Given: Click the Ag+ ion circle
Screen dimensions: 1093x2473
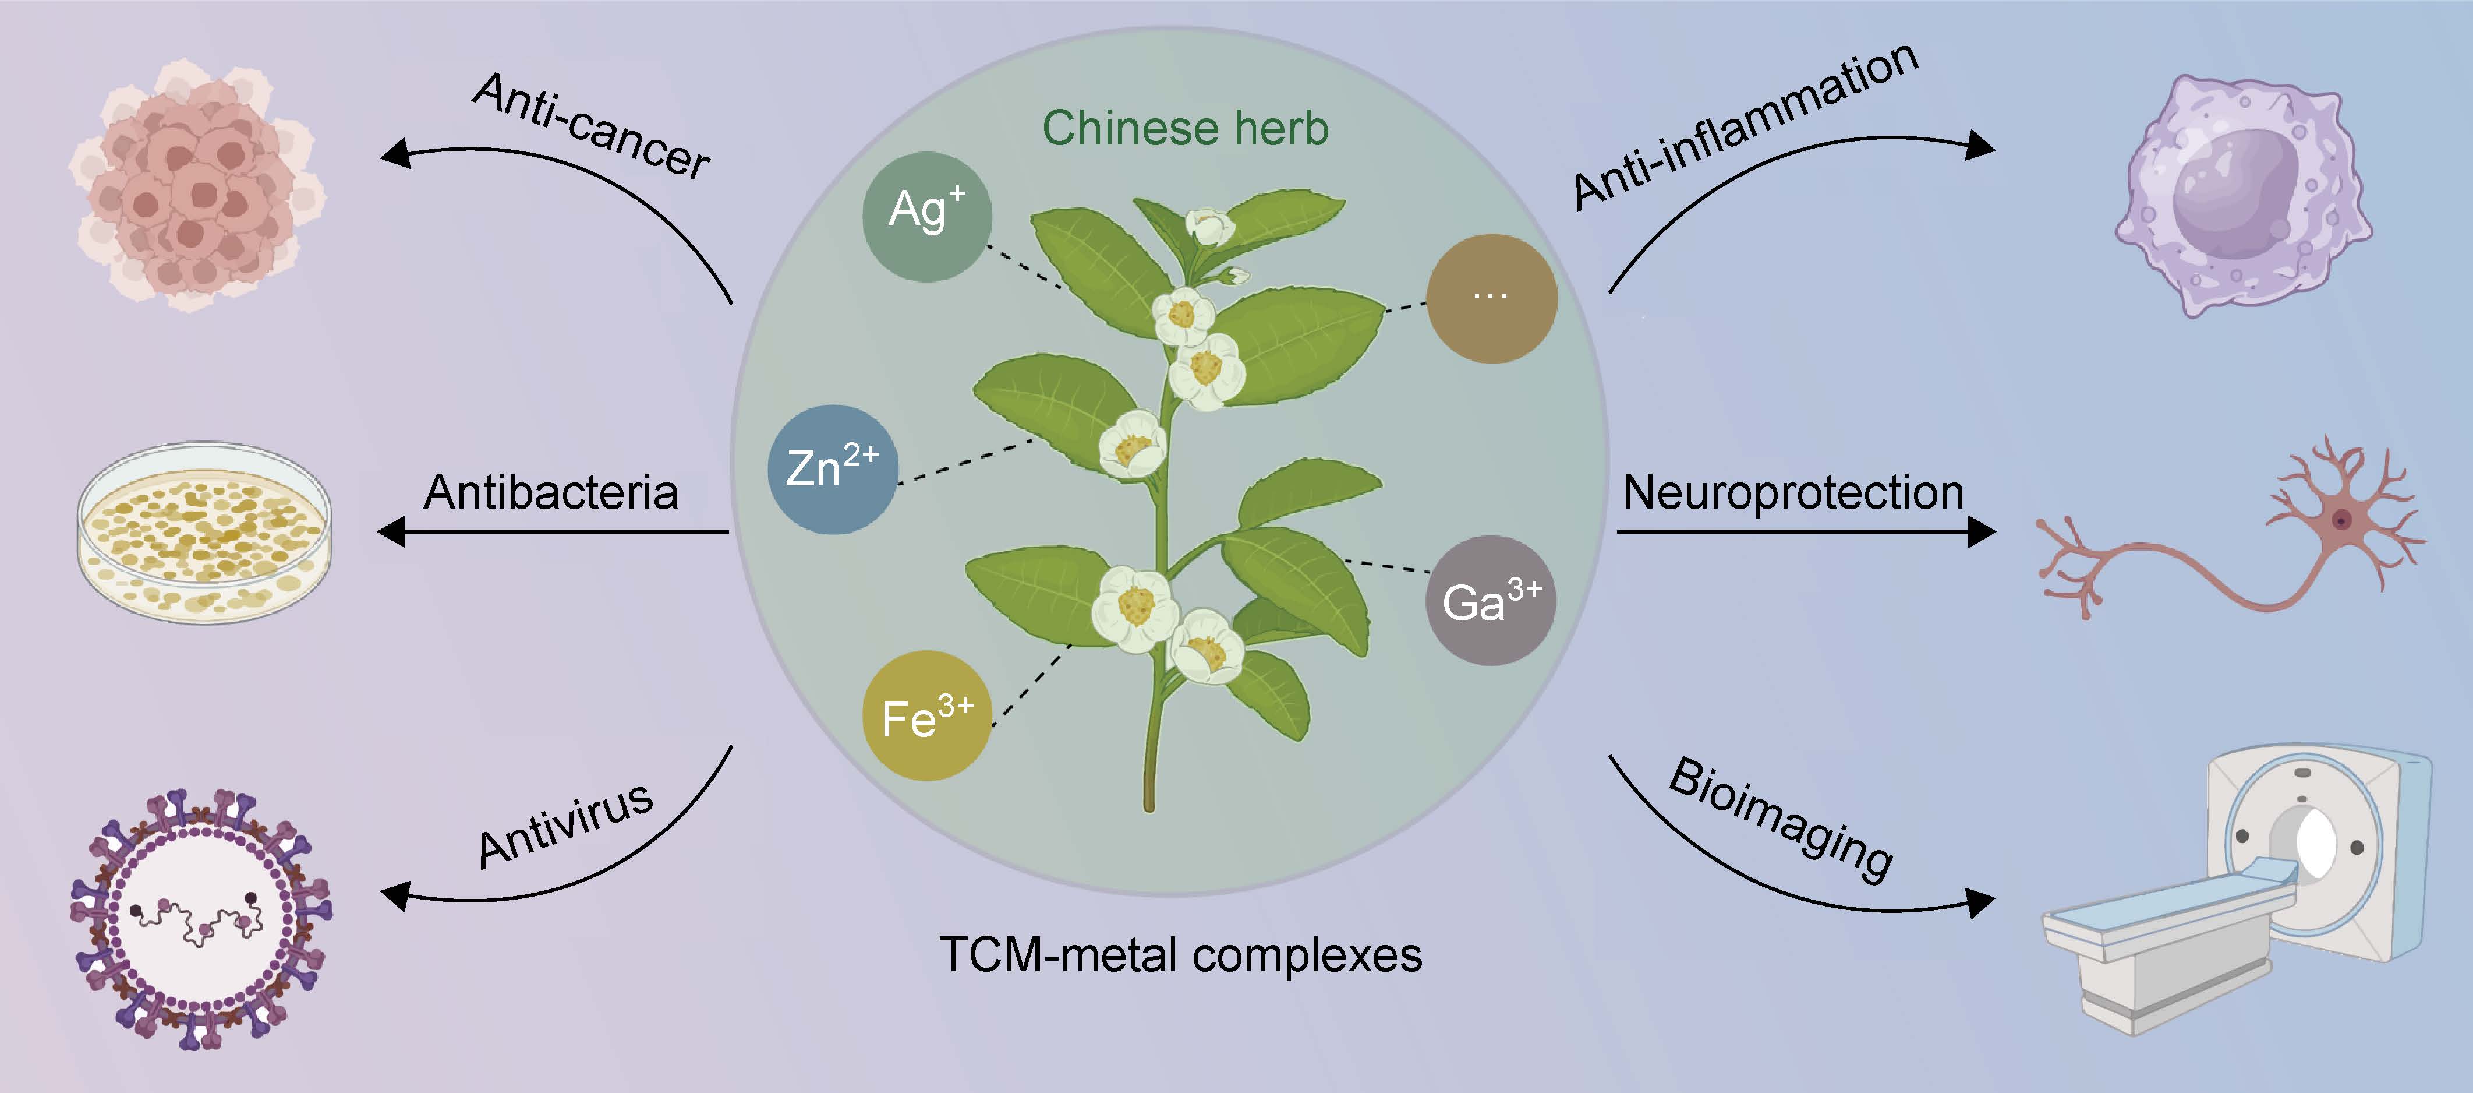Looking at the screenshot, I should tap(926, 216).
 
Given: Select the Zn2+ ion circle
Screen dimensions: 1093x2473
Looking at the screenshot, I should tap(832, 468).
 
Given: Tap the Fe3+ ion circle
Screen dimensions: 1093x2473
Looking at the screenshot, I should tap(926, 715).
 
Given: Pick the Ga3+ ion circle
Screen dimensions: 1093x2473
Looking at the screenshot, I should tap(1491, 600).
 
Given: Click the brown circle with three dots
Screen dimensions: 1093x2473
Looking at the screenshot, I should tap(1491, 298).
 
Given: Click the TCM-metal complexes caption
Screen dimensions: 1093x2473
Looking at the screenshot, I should tap(1181, 955).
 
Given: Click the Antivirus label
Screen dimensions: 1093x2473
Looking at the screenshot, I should tap(567, 826).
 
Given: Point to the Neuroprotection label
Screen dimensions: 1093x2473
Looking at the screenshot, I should tap(1792, 493).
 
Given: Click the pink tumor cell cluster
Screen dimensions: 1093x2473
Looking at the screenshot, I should tap(197, 187).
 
